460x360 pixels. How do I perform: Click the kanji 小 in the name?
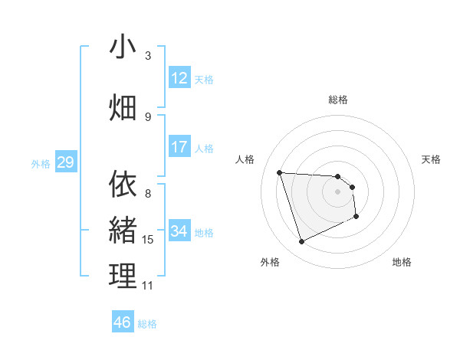[123, 47]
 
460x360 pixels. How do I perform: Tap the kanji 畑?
[123, 108]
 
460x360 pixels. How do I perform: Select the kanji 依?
[123, 184]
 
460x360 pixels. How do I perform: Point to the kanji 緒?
[123, 230]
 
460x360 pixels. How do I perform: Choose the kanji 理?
[123, 277]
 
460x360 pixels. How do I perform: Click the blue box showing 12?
[179, 78]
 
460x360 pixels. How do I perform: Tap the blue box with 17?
[179, 147]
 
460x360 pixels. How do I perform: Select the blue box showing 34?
[179, 231]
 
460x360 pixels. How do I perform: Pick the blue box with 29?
[65, 162]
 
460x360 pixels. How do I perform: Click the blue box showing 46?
[122, 322]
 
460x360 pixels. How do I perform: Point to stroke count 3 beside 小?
[148, 56]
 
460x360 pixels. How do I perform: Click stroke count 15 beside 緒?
[148, 240]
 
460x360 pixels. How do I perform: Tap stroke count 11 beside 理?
[148, 286]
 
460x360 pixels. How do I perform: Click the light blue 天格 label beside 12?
[204, 79]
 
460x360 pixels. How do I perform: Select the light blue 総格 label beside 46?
[147, 324]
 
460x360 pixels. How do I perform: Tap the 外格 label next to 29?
[41, 163]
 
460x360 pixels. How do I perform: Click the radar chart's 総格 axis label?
[338, 100]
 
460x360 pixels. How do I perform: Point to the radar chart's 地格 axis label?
[402, 262]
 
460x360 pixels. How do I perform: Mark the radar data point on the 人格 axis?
[280, 172]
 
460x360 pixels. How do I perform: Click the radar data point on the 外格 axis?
[301, 242]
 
